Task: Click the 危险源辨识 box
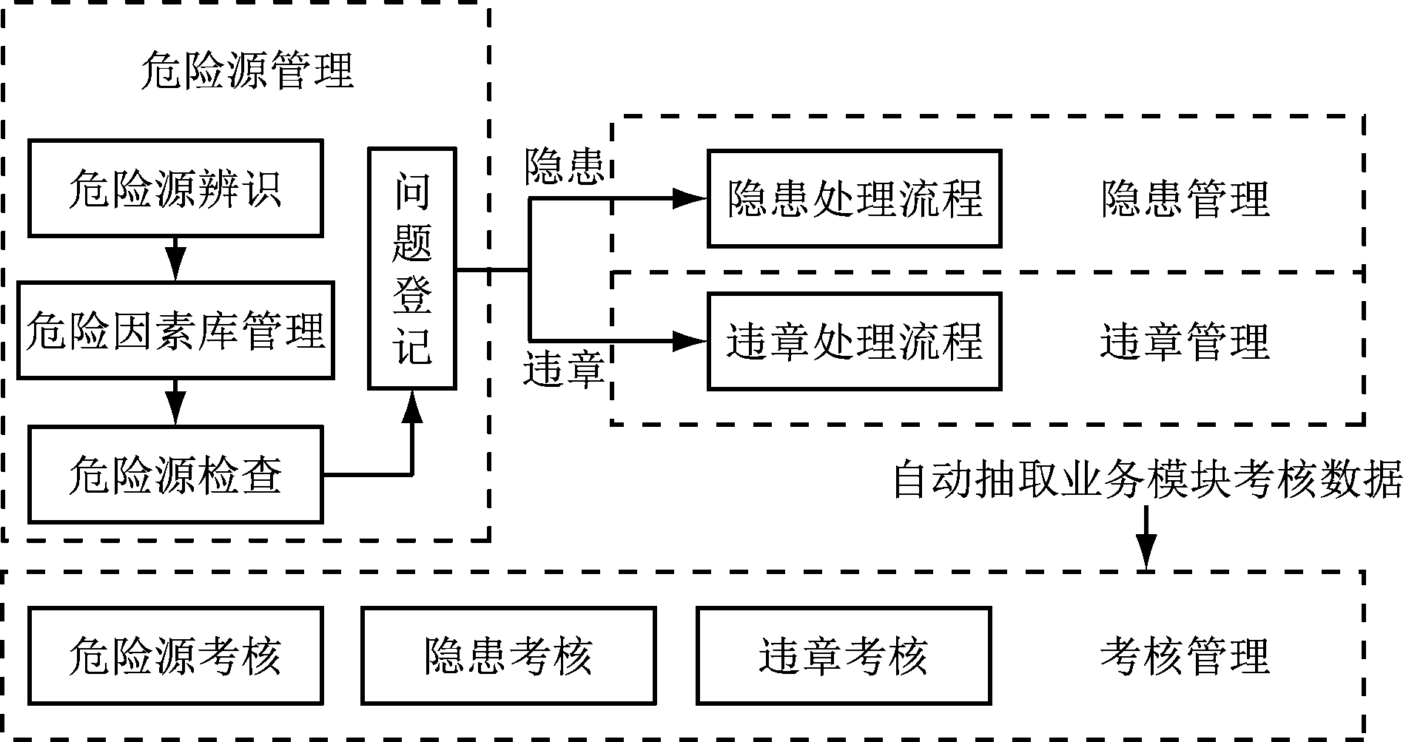pos(175,189)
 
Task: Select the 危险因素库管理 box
pos(175,330)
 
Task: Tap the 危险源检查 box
pos(175,474)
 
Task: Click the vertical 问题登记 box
pos(412,269)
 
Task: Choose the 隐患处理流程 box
pos(854,198)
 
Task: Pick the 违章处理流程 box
pos(854,341)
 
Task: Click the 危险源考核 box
pos(175,655)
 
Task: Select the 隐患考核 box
pos(508,655)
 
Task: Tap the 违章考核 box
pos(844,655)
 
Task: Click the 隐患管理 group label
pos(1185,198)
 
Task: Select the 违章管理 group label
pos(1185,342)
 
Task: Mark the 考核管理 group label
pos(1185,655)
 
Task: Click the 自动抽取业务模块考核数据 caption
pos(1146,480)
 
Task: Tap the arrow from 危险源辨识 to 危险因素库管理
pos(175,258)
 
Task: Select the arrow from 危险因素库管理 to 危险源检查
pos(175,402)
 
